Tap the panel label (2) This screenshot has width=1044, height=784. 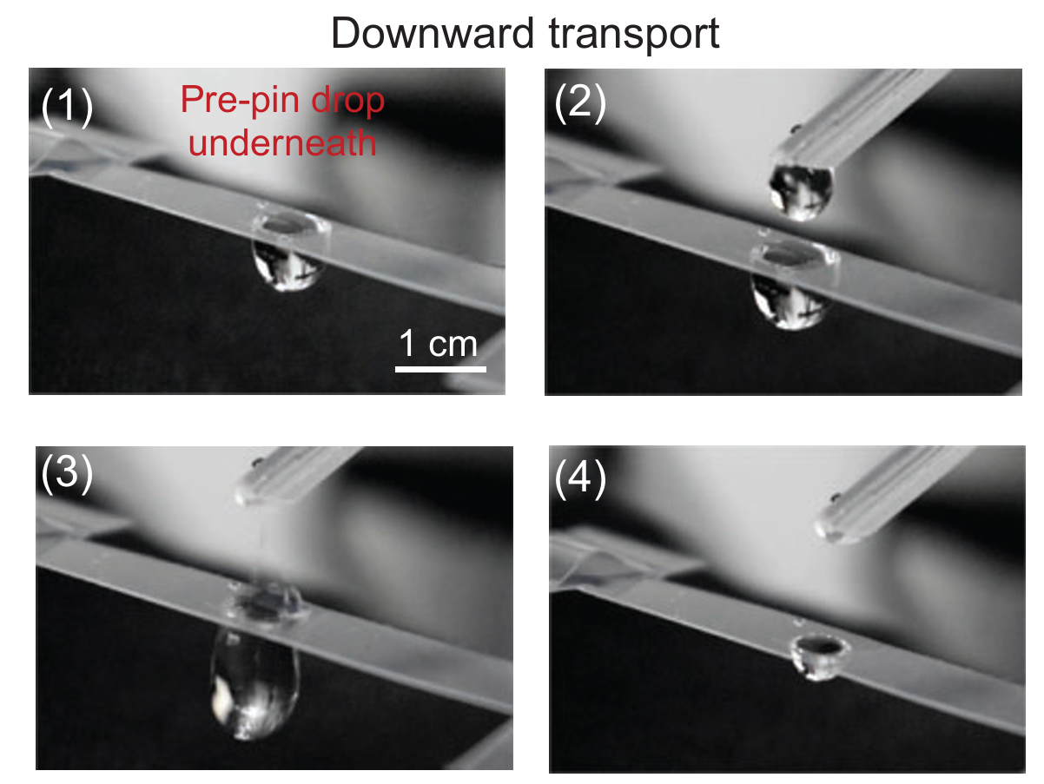click(x=580, y=104)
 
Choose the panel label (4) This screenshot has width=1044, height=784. click(x=580, y=480)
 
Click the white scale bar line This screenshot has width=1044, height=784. click(x=439, y=370)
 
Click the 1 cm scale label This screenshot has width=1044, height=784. click(x=439, y=345)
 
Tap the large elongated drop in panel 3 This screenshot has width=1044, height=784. click(x=254, y=682)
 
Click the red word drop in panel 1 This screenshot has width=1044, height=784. click(x=348, y=102)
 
